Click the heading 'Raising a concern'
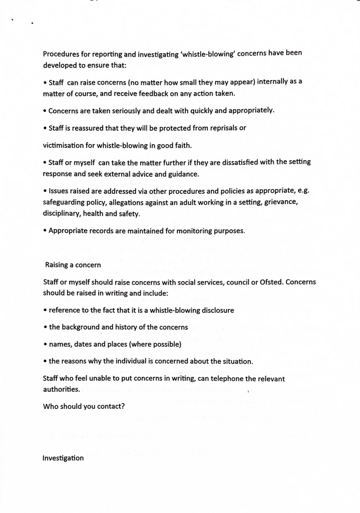[x=73, y=265]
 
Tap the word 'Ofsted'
[x=271, y=282]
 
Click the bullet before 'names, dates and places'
[x=45, y=345]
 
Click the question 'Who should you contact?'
[x=84, y=406]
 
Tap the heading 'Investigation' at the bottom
[x=63, y=458]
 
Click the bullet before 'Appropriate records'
[x=45, y=231]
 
